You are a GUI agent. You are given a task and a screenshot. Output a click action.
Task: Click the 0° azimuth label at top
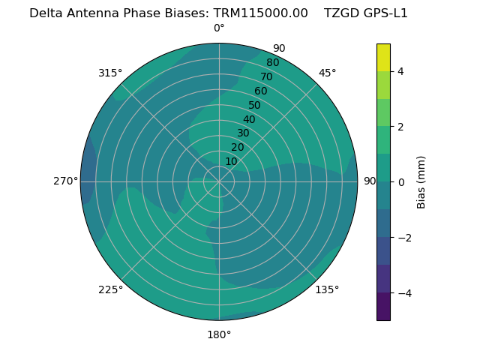[x=219, y=28]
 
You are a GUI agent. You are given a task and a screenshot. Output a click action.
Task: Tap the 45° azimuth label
[x=327, y=73]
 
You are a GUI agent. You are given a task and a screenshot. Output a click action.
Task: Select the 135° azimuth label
[x=327, y=289]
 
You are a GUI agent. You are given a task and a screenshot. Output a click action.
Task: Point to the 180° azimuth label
[x=219, y=334]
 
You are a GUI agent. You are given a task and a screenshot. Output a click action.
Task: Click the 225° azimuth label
[x=110, y=289]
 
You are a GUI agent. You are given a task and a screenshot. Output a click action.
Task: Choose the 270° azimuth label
[x=65, y=181]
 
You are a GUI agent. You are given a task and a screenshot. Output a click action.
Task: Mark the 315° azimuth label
[x=110, y=73]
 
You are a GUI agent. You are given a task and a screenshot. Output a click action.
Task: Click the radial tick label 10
[x=231, y=161]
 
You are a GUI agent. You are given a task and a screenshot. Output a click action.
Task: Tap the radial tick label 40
[x=249, y=119]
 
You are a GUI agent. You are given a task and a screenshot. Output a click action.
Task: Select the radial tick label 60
[x=261, y=91]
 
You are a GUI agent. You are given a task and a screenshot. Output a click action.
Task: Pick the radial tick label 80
[x=273, y=62]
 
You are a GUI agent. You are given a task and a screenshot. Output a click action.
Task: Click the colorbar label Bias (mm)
[x=421, y=182]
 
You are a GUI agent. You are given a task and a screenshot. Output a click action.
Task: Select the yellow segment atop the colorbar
[x=383, y=57]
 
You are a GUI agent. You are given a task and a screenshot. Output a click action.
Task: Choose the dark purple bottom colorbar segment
[x=383, y=307]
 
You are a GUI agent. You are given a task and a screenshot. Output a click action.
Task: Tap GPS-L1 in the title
[x=384, y=13]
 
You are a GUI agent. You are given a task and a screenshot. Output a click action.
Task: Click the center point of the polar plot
[x=219, y=181]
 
